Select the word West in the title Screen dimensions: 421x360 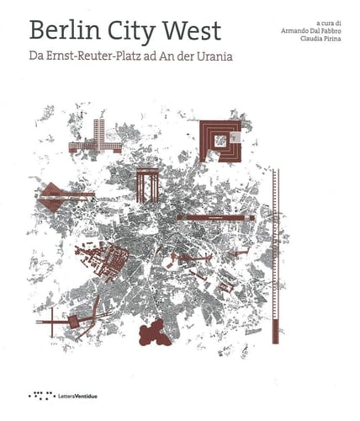pyautogui.click(x=193, y=30)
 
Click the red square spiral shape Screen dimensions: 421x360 pyautogui.click(x=220, y=140)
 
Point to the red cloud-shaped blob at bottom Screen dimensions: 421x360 pyautogui.click(x=156, y=334)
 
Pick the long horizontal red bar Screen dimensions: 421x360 pyautogui.click(x=215, y=217)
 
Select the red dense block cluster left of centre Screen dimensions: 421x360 pyautogui.click(x=104, y=257)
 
